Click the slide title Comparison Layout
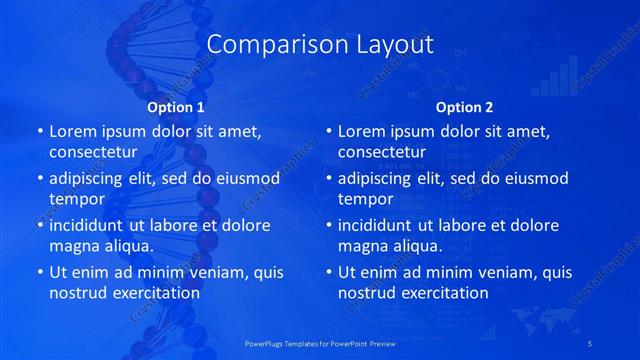point(320,45)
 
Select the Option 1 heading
point(176,107)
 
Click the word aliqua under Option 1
point(127,246)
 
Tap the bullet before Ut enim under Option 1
point(40,272)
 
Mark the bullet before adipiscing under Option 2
point(329,178)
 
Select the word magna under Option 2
point(362,246)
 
